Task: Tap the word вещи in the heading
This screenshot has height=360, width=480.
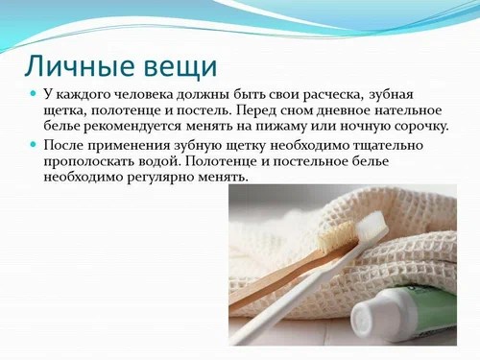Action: coord(180,67)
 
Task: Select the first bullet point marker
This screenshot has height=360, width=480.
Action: coord(33,93)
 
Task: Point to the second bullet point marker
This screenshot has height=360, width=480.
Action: coord(33,143)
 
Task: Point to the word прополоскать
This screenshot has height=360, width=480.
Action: coord(91,159)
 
